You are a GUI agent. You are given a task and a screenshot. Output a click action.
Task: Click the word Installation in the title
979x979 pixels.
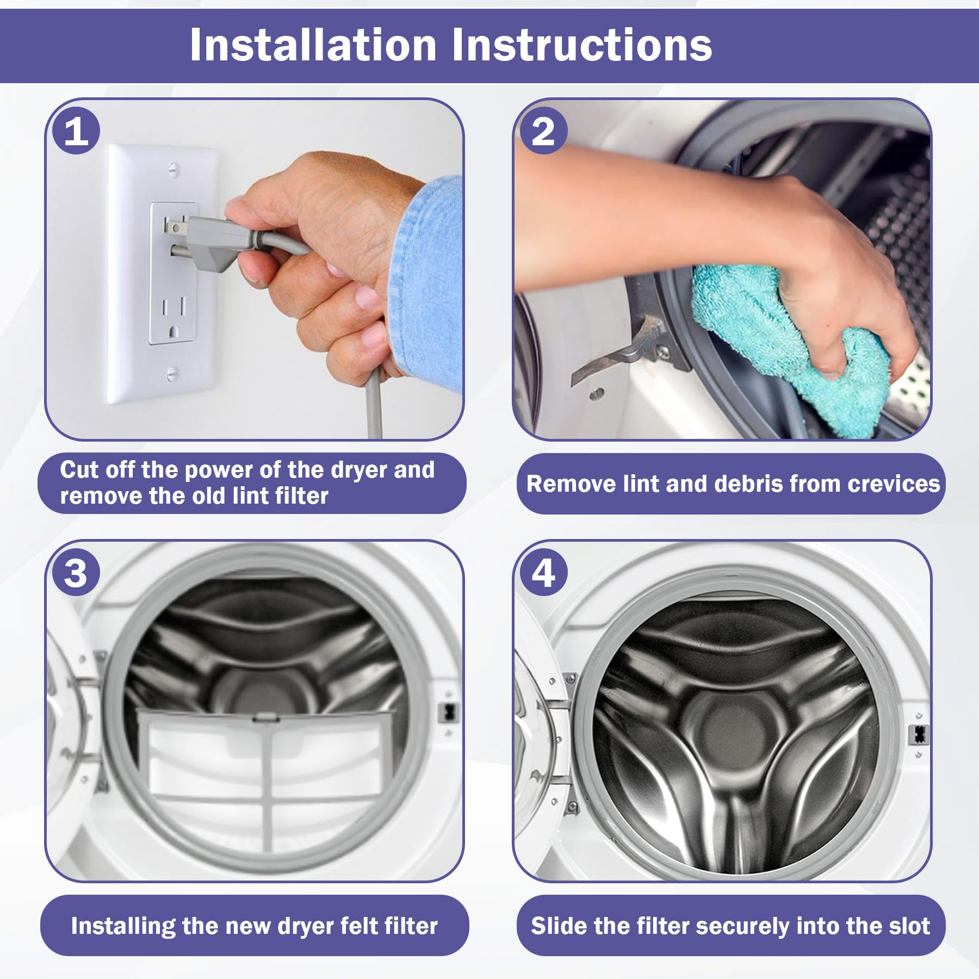tap(313, 45)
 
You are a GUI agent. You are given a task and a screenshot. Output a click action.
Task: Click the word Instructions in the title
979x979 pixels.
tap(582, 45)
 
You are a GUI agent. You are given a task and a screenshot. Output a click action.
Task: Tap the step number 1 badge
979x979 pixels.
tap(76, 131)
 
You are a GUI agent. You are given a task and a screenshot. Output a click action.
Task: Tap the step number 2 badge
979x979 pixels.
tap(543, 131)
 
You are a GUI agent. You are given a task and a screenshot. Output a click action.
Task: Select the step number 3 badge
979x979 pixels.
tap(76, 573)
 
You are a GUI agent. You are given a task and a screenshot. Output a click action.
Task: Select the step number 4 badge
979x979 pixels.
tap(543, 573)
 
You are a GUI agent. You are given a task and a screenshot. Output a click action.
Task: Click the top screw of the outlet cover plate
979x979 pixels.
tap(174, 169)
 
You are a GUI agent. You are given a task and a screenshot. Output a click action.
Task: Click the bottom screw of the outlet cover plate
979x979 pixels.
tap(172, 373)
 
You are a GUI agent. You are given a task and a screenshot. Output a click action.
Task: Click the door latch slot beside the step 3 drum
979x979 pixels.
tap(449, 712)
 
